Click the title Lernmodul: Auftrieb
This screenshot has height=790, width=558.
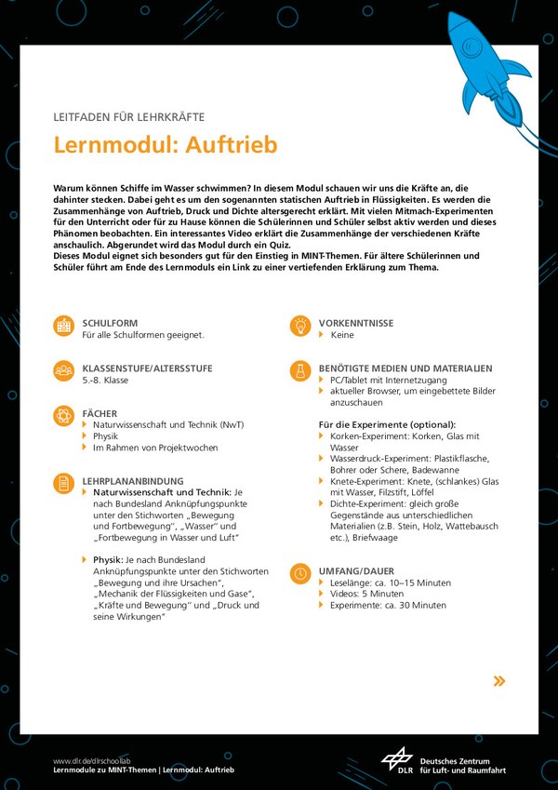coord(165,146)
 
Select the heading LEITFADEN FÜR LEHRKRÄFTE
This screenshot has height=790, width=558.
coord(129,117)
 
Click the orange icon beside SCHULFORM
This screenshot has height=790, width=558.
coord(64,326)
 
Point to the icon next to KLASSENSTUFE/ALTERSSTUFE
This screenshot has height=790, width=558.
coord(64,370)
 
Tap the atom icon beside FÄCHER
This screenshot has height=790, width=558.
coord(64,415)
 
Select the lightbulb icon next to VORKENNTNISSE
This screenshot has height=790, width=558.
coord(300,326)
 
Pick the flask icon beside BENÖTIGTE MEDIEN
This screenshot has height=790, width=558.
coord(300,370)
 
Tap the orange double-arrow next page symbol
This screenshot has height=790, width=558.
coord(499,681)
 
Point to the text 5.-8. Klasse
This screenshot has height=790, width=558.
coord(105,381)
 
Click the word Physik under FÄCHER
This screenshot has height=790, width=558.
coord(105,435)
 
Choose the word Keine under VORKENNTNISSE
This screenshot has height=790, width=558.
coord(341,335)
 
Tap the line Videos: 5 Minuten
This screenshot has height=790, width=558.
coord(366,593)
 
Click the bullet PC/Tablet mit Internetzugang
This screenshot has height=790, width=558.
coord(388,381)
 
